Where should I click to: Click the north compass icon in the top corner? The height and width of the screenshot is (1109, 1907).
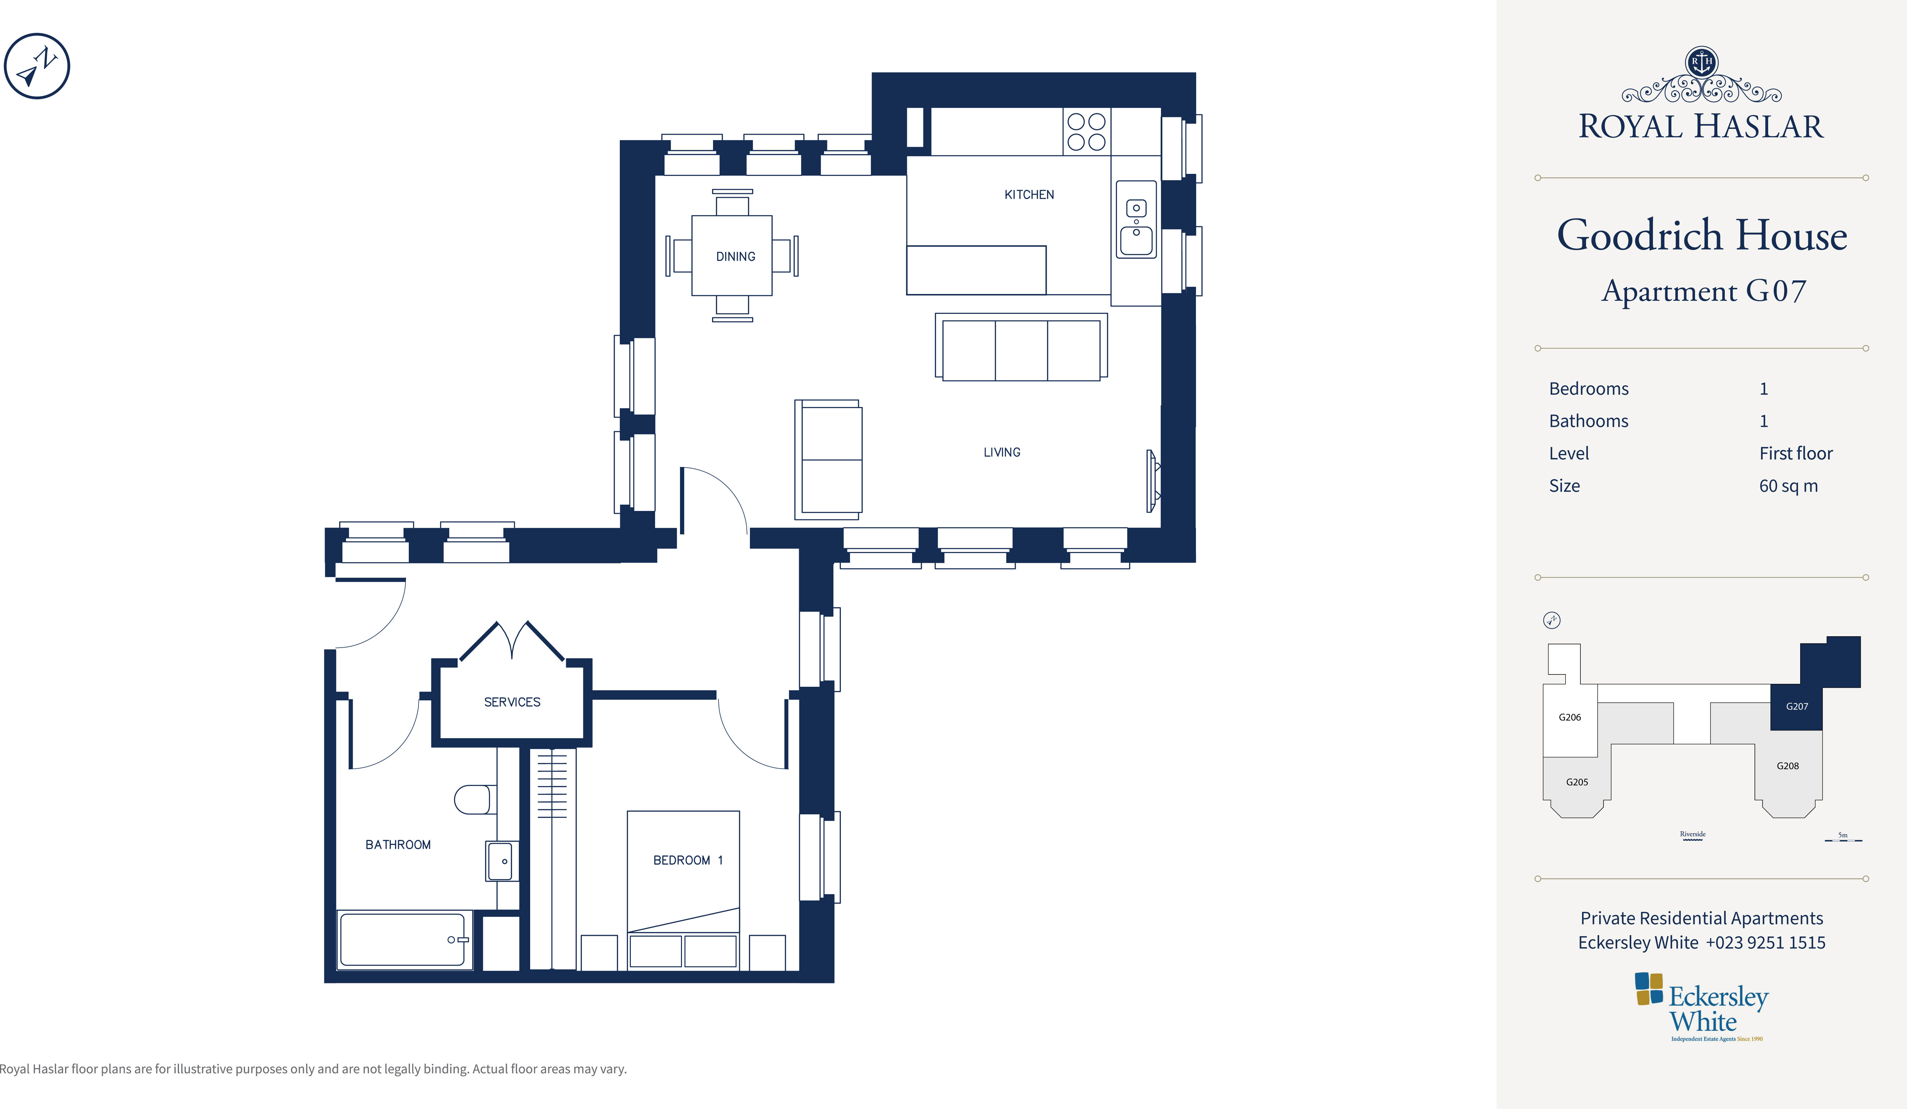point(37,66)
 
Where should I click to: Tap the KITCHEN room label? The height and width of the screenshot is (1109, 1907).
point(1029,195)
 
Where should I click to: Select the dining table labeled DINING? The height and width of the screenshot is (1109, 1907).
point(732,256)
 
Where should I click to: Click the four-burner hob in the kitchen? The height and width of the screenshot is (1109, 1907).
point(1087,132)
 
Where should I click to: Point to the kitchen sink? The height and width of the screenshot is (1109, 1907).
point(1136,220)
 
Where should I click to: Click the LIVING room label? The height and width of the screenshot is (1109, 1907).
point(1002,452)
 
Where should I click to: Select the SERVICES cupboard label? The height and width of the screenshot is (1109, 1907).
point(512,702)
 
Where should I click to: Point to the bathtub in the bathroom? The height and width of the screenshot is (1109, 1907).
point(403,939)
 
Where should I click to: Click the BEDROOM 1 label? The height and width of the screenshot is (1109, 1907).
point(688,860)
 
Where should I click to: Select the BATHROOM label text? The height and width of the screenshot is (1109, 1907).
point(398,844)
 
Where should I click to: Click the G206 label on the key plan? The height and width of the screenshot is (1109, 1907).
point(1569,717)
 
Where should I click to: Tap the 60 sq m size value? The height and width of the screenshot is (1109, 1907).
point(1788,486)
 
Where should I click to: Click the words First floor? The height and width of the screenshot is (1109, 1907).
point(1796,453)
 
